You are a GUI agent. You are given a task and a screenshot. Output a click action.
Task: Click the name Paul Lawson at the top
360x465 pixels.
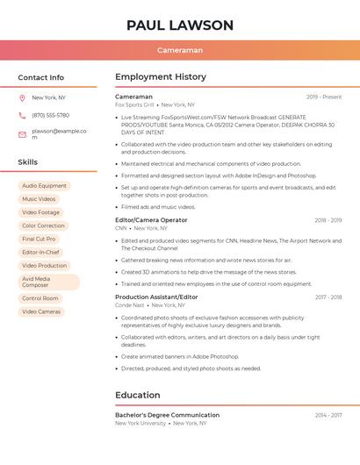179,25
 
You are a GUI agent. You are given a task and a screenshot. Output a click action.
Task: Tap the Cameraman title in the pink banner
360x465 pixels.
179,50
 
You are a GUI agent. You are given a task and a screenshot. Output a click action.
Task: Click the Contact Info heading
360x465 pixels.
40,77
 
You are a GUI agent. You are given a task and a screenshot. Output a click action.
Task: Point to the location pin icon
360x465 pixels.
22,98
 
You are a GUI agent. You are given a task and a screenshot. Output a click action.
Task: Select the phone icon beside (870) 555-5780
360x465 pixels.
22,115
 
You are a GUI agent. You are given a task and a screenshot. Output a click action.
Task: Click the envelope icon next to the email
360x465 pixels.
22,133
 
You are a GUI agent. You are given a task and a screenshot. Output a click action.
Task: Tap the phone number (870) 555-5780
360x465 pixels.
50,115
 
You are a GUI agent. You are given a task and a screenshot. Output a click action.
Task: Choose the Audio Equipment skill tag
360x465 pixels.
44,186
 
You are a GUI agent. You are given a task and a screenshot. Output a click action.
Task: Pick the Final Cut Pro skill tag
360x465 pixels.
39,239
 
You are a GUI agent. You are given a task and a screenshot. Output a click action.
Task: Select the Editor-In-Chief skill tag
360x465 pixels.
41,252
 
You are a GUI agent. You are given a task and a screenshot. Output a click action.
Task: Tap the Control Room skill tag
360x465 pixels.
40,298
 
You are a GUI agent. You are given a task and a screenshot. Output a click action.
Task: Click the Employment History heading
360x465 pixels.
161,77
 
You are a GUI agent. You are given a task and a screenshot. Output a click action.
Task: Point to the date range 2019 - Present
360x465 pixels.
324,97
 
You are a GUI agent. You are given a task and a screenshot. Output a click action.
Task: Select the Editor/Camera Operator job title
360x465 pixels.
151,220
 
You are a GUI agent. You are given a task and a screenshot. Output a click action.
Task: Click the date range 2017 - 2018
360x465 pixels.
328,297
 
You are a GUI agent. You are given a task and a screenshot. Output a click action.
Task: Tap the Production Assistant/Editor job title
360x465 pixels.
156,297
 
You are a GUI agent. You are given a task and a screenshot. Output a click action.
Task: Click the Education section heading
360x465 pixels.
138,395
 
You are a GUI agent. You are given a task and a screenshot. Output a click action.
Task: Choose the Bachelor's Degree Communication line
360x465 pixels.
167,415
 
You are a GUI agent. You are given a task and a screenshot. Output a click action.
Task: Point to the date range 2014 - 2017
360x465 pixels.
328,415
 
